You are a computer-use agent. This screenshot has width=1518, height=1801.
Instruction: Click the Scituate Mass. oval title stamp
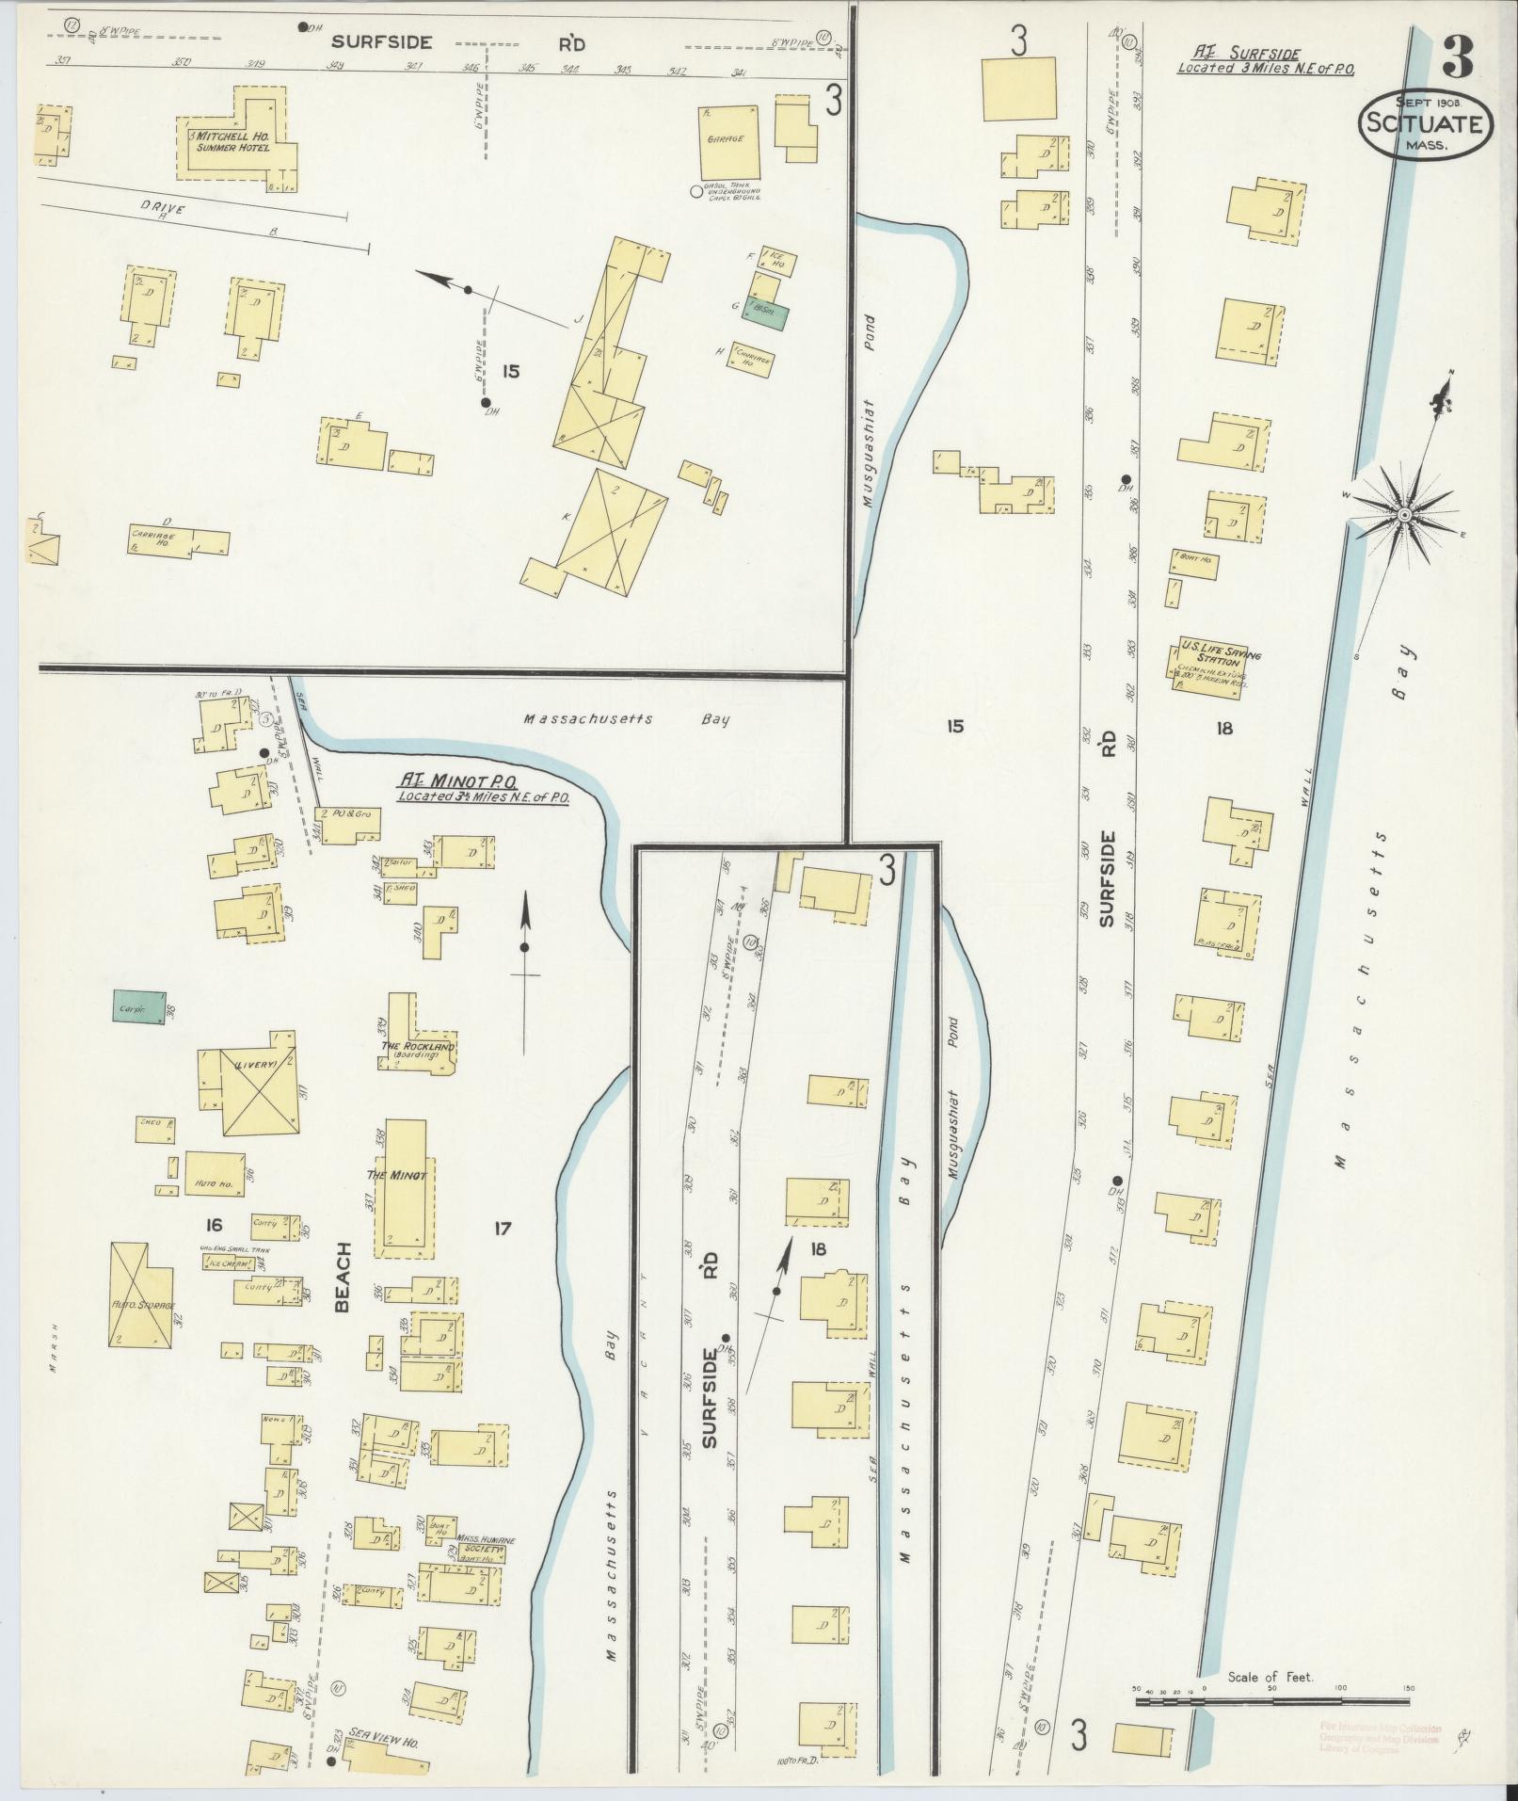point(1425,123)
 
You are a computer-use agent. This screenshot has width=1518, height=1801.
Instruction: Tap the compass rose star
point(1403,514)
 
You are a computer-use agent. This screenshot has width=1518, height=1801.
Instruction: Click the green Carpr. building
point(138,1008)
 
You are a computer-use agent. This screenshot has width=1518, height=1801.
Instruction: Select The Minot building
point(403,1188)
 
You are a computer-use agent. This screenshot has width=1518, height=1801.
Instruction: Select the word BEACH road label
point(341,1278)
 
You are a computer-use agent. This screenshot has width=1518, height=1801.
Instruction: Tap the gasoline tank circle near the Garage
point(696,191)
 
